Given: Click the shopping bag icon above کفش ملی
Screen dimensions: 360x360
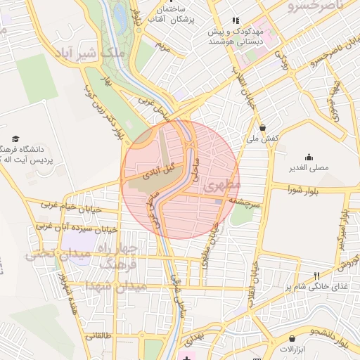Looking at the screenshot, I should [x=262, y=128].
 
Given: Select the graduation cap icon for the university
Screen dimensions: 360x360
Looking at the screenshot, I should [x=16, y=140].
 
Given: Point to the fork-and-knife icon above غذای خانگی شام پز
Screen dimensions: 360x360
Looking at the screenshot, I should [x=316, y=276].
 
